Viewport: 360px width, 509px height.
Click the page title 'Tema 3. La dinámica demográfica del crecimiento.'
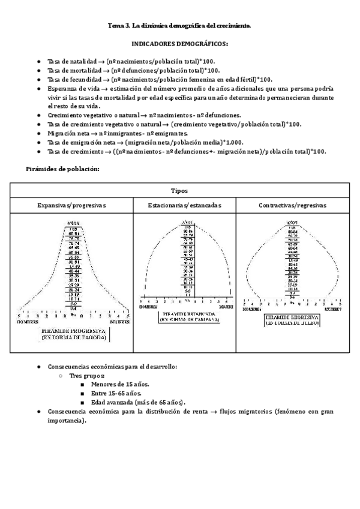[x=179, y=26]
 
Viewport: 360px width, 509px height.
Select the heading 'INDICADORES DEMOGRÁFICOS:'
[x=179, y=44]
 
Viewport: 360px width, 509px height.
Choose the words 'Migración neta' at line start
[x=67, y=133]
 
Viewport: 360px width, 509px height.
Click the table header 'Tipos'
[x=179, y=191]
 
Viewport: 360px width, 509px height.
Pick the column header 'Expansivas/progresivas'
[x=72, y=205]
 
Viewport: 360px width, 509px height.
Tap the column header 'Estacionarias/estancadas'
[x=185, y=205]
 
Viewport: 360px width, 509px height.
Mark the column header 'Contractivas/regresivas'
[x=292, y=205]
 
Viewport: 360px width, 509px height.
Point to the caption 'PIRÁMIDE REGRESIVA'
[x=292, y=316]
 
